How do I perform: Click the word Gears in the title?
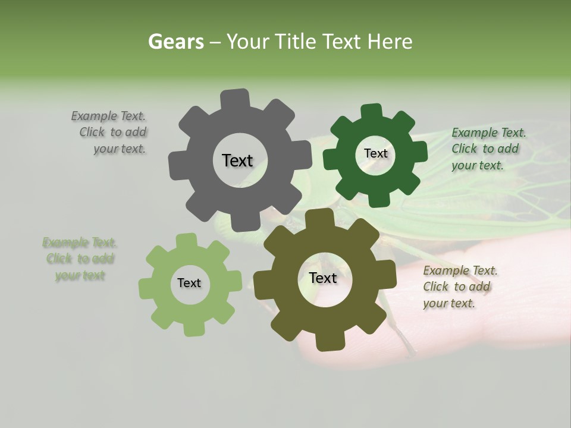(x=175, y=42)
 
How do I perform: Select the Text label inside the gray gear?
(x=237, y=160)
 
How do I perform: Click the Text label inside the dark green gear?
(x=375, y=153)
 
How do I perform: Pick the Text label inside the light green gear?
(x=189, y=284)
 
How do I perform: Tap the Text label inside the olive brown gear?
(x=323, y=278)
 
